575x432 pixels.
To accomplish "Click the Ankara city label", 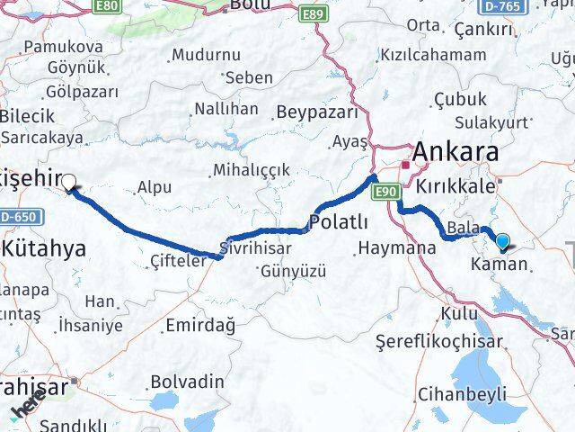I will [456, 151].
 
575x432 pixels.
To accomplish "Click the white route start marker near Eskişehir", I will [68, 182].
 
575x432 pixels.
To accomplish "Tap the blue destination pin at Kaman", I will [502, 241].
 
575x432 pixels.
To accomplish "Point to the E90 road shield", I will [386, 191].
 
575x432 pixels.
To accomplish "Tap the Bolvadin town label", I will [187, 381].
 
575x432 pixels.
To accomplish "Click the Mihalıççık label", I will [252, 170].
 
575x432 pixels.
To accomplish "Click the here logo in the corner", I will [28, 408].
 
